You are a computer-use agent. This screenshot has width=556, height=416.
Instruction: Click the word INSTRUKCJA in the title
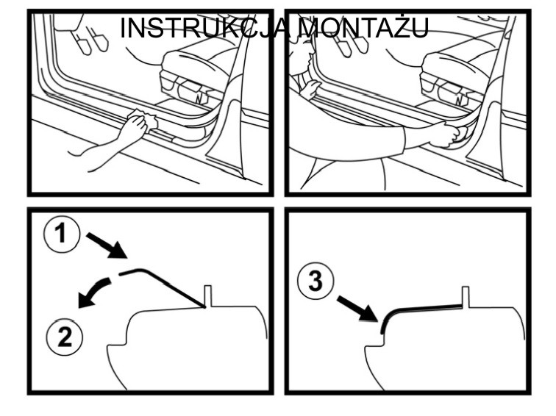pyautogui.click(x=205, y=28)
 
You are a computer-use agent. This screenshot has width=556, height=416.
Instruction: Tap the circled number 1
pyautogui.click(x=62, y=234)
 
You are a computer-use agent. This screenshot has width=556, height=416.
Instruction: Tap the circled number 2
pyautogui.click(x=64, y=337)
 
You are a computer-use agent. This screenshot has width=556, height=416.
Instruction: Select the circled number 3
pyautogui.click(x=316, y=281)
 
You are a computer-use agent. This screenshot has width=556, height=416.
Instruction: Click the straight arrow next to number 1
pyautogui.click(x=107, y=245)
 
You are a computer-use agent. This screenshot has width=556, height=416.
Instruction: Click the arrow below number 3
pyautogui.click(x=356, y=308)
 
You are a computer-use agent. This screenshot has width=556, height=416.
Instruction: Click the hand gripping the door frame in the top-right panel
pyautogui.click(x=310, y=89)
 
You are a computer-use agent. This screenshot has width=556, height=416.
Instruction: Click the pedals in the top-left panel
pyautogui.click(x=90, y=41)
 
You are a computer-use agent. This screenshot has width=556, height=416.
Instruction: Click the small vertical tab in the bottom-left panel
pyautogui.click(x=208, y=296)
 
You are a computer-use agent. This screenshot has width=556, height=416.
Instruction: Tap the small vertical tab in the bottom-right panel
pyautogui.click(x=466, y=297)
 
